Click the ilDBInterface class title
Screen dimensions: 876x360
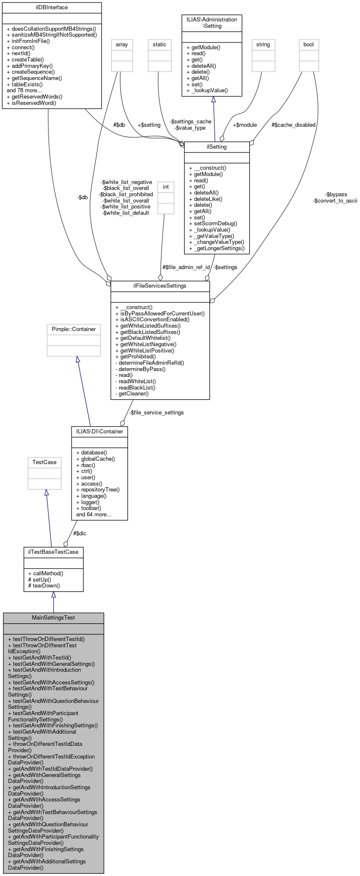[x=52, y=8]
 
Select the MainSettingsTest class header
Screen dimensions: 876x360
[x=53, y=617]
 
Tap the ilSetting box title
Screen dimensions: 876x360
[x=217, y=147]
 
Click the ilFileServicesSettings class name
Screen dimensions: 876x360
[x=160, y=286]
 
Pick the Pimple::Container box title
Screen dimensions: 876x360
[x=74, y=329]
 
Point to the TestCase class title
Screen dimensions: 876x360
[x=45, y=462]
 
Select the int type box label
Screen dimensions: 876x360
[x=166, y=187]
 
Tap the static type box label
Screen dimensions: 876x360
[x=160, y=44]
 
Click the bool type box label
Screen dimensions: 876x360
[x=309, y=44]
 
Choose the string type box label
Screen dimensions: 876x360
[x=263, y=44]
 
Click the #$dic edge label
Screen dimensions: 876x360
[x=80, y=533]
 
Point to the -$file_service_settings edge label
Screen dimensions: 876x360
[x=156, y=412]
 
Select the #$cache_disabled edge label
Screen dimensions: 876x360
[x=293, y=125]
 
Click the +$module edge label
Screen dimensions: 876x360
[x=245, y=125]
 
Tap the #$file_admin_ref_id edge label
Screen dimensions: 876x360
[x=186, y=267]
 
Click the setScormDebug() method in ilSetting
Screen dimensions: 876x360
[x=215, y=224]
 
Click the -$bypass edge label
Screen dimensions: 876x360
[x=336, y=194]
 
